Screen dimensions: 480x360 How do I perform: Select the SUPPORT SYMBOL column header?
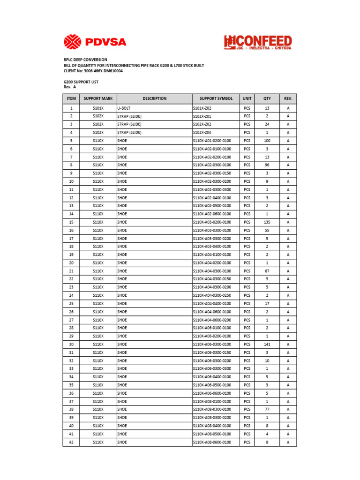click(216, 99)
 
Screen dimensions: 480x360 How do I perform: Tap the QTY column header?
click(267, 99)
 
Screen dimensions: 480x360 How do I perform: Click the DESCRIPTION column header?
click(154, 99)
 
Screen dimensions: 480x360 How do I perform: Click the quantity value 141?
click(267, 344)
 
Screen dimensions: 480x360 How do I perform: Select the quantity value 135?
click(267, 222)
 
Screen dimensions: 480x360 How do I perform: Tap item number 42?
click(71, 442)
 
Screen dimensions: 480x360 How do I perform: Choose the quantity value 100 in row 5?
click(267, 141)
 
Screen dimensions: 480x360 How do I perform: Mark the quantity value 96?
click(267, 165)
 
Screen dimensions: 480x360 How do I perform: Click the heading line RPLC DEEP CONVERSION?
click(85, 60)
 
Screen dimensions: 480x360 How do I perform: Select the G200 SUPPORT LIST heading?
click(81, 82)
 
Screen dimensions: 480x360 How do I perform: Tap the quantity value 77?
click(267, 409)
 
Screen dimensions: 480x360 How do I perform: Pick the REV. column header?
click(288, 99)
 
